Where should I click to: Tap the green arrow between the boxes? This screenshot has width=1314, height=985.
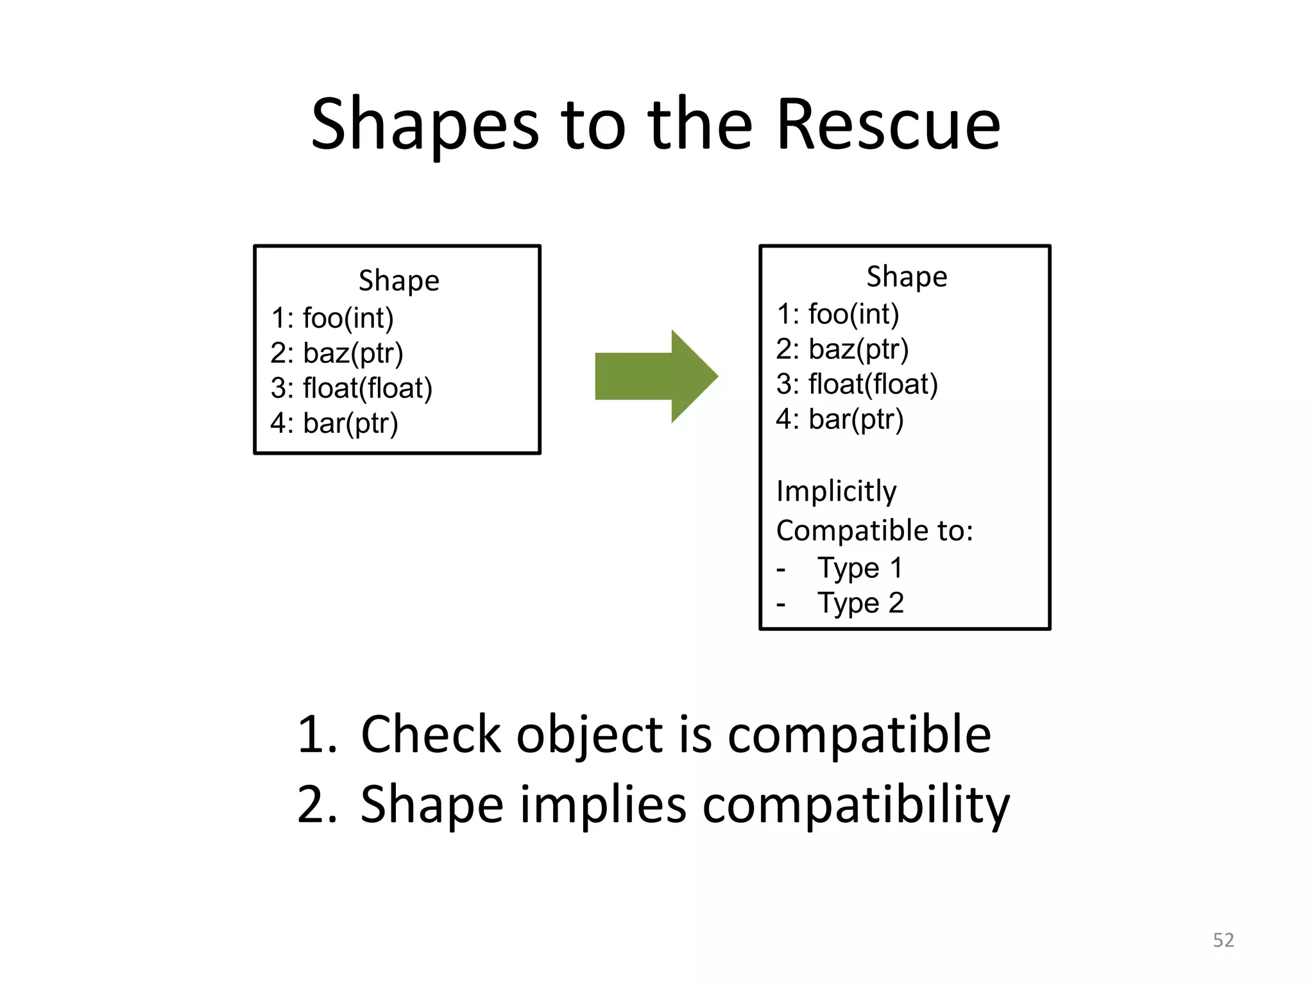click(x=656, y=376)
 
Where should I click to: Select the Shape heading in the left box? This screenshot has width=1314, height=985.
click(x=398, y=281)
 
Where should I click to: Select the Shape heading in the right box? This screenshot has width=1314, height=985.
click(x=907, y=277)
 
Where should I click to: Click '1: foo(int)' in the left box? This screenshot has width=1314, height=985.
click(x=332, y=318)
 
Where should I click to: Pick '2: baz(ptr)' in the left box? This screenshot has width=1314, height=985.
click(x=337, y=353)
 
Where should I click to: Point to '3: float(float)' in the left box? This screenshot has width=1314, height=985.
click(x=352, y=388)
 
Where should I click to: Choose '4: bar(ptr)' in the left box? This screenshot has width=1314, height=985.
click(x=334, y=423)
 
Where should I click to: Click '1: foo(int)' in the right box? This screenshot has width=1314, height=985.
click(x=838, y=314)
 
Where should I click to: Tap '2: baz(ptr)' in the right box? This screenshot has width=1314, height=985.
click(x=842, y=349)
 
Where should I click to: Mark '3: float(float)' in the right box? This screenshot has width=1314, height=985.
click(x=857, y=384)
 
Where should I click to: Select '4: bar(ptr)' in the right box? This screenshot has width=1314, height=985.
click(x=840, y=419)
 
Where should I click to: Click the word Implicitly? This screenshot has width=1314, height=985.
click(x=836, y=492)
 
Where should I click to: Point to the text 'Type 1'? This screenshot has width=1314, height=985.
click(x=860, y=568)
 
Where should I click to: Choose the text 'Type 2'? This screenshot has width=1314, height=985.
click(x=860, y=603)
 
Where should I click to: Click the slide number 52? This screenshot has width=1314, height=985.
click(x=1223, y=940)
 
